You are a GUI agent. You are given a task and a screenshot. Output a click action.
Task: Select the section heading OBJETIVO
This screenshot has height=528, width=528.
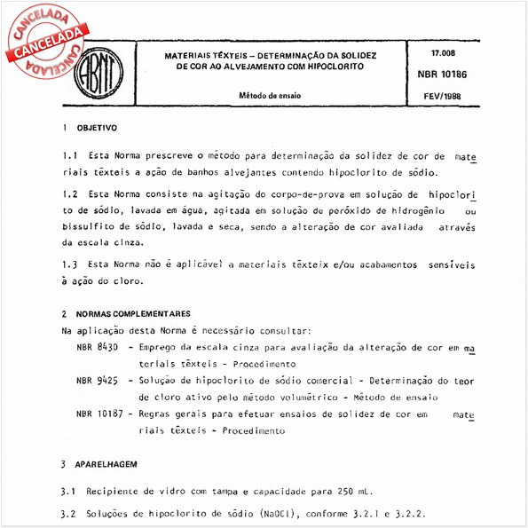point(98,128)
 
